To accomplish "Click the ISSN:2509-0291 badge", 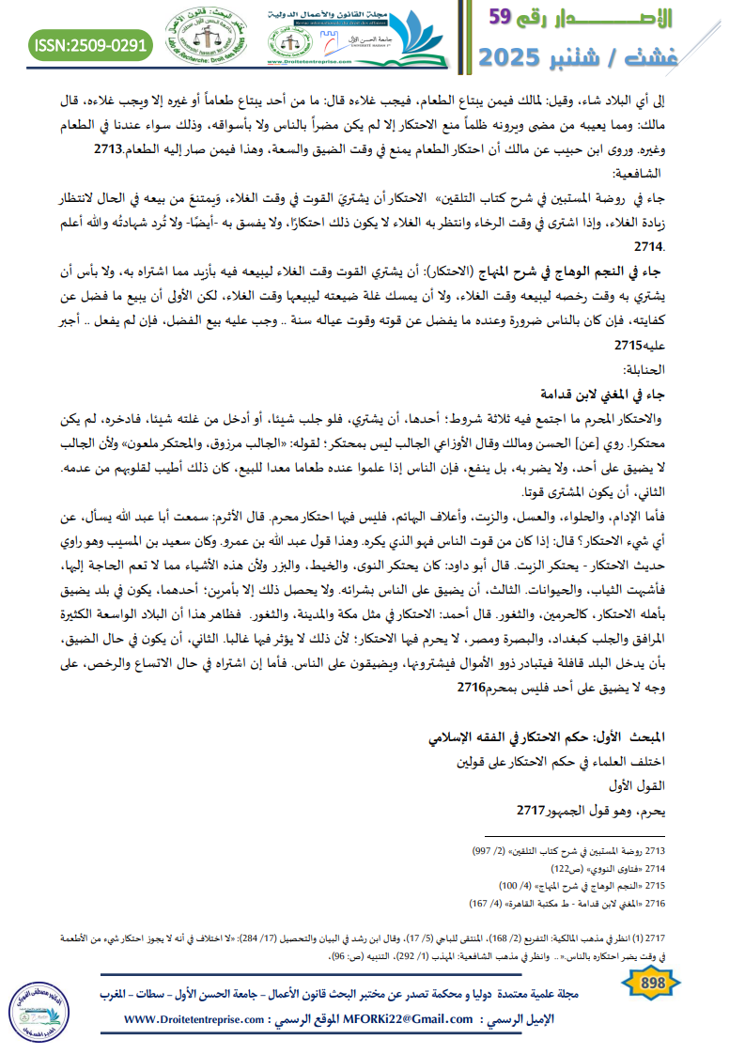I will [91, 44].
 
